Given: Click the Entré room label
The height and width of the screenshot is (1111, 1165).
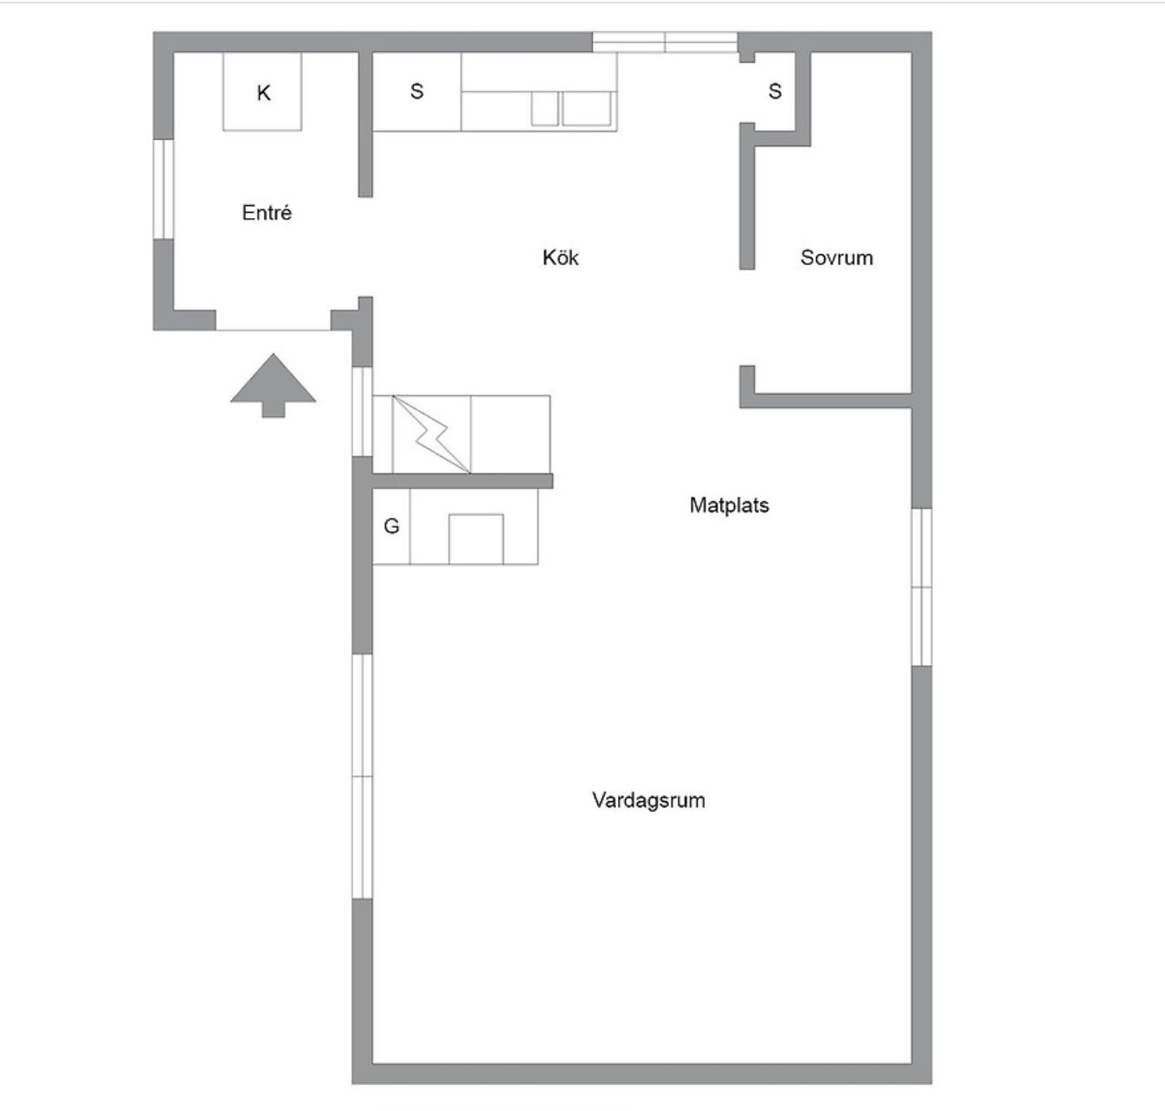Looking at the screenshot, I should pos(267,213).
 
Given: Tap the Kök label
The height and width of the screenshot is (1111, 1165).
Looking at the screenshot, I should pos(560,257).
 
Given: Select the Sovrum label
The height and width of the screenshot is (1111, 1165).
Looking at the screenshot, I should pos(836,257).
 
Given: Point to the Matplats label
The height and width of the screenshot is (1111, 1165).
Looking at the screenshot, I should pos(729,505).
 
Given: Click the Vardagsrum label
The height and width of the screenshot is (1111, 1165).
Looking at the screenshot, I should pos(648,800).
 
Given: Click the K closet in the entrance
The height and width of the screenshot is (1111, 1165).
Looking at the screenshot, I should pos(263,93).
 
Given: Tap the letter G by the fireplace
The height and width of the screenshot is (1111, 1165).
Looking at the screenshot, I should pos(391,526).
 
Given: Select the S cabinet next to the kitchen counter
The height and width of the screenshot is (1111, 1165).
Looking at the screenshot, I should pos(416,91).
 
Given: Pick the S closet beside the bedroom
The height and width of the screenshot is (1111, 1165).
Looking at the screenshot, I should pos(775,91).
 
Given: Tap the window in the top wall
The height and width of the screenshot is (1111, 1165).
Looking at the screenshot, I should pos(665,42).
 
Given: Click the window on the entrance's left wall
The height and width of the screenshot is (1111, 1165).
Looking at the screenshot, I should pos(164,188).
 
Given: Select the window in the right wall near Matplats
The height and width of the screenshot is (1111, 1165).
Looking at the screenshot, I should pos(922,587).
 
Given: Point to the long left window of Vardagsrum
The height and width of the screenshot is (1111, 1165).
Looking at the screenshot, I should pos(362,776).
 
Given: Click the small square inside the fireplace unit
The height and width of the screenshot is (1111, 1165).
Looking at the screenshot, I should pos(475,539).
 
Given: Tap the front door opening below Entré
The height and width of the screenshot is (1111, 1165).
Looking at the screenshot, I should pos(274,330).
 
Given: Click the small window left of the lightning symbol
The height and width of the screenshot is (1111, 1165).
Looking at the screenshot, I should pos(362,412).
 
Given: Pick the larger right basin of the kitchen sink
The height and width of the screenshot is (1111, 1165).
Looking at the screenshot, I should pos(586,109).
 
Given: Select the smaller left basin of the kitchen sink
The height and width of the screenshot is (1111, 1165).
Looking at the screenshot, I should pos(544,109).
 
